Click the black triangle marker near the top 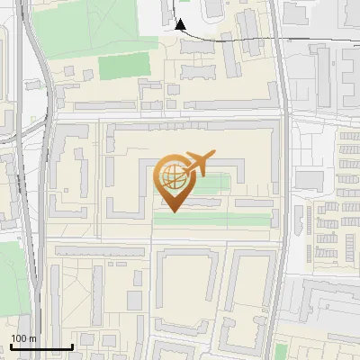(180, 25)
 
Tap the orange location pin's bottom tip (174, 212)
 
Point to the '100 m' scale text (23, 338)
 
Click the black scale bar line (41, 346)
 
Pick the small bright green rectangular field (123, 66)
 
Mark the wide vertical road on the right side (281, 180)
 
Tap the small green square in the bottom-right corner (349, 351)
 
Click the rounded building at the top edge (213, 8)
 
